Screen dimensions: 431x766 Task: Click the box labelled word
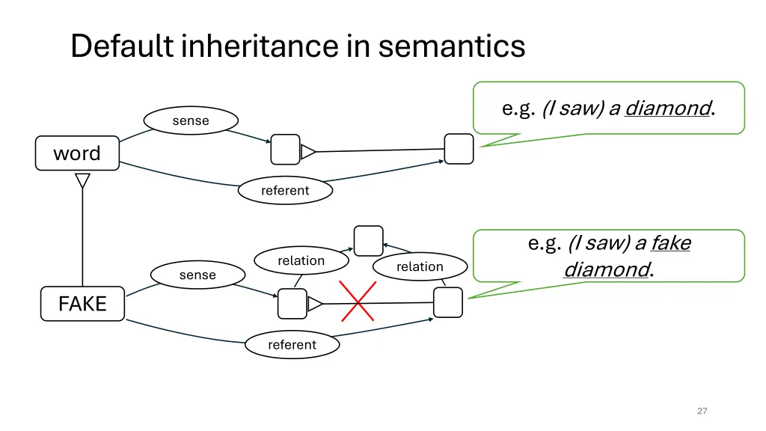tap(77, 153)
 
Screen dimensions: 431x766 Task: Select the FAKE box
tap(82, 304)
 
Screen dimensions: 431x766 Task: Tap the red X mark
tap(358, 302)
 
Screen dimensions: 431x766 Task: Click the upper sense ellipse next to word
tap(191, 120)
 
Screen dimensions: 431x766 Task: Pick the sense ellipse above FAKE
tap(197, 275)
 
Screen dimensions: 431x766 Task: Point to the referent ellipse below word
tap(285, 191)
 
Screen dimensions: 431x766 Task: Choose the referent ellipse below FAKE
tap(292, 345)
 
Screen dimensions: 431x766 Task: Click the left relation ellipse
tap(301, 260)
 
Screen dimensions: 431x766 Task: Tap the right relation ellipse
tap(420, 266)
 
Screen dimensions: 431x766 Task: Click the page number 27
tap(702, 411)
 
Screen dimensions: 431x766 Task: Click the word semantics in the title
tap(452, 46)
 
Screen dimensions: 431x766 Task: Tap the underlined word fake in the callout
tap(670, 243)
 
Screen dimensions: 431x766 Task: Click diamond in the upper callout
tap(667, 108)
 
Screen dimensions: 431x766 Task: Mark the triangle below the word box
tap(82, 180)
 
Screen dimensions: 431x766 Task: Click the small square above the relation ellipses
tap(368, 241)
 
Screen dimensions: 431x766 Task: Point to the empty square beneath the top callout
tap(459, 149)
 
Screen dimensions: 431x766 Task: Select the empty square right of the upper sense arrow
tap(285, 150)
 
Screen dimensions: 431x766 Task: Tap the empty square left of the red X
tap(292, 304)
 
